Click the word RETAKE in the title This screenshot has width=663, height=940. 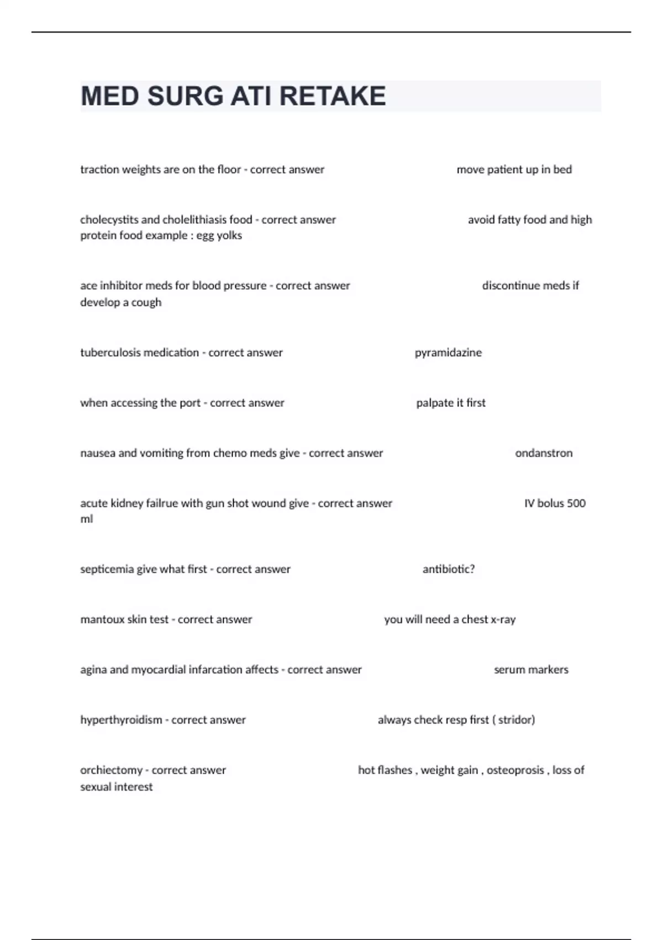click(x=333, y=96)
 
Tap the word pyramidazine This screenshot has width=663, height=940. click(x=448, y=353)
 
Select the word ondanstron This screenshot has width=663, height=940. click(x=544, y=453)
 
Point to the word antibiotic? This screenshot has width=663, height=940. click(x=449, y=570)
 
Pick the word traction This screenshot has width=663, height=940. click(x=99, y=170)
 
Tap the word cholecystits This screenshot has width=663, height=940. click(x=109, y=220)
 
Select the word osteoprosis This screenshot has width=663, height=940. click(x=515, y=770)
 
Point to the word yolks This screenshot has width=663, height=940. click(x=229, y=236)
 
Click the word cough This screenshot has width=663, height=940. click(x=146, y=302)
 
